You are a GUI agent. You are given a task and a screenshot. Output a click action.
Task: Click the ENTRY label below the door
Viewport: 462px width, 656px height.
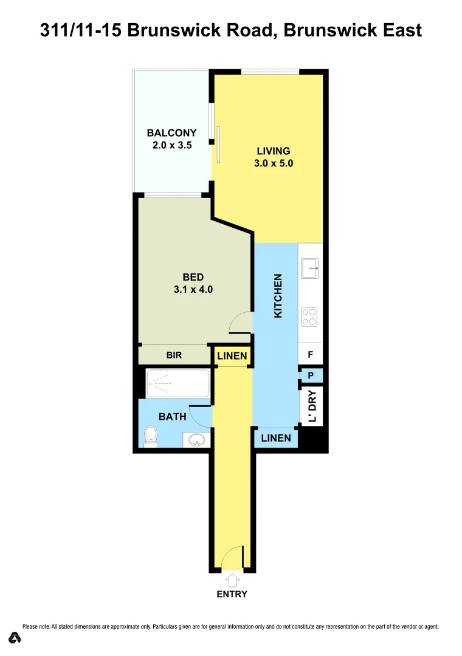coord(232,594)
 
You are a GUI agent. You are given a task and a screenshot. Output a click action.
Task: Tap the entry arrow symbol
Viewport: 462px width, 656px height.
coord(232,580)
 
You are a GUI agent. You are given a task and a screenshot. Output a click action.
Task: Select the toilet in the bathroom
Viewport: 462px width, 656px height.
coord(151,436)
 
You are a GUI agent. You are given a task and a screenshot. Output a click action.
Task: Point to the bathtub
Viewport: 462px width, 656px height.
coord(178,383)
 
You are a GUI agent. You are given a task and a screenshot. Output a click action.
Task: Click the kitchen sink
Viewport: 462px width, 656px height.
coord(311,267)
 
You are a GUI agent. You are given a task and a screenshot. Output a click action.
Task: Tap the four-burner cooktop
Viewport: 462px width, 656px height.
coord(309,316)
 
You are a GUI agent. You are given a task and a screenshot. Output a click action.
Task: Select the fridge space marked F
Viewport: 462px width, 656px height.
coord(310,354)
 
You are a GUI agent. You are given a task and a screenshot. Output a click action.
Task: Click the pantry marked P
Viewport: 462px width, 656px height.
coord(310,376)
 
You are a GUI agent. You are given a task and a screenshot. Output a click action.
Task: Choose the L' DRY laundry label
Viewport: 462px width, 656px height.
coord(312,406)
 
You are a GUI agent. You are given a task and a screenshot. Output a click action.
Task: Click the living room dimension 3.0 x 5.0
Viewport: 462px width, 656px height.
coord(274,163)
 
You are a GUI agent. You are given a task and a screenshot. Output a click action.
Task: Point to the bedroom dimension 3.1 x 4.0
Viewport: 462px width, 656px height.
coord(193,290)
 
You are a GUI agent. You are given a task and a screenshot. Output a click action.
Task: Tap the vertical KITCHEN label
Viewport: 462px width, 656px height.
coord(278,295)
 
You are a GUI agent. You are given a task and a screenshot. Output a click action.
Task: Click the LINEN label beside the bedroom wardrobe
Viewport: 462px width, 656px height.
coord(232,356)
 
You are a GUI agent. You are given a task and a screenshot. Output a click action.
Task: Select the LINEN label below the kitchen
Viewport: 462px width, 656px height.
coord(276,438)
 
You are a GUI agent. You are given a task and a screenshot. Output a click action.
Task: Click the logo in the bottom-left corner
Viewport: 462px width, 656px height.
coord(15,637)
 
